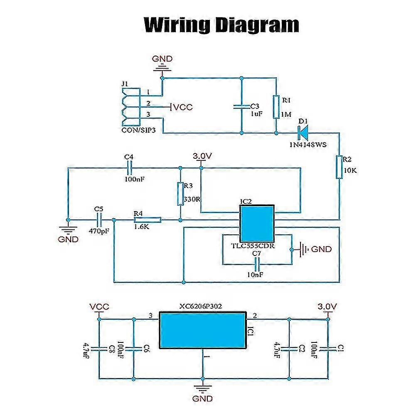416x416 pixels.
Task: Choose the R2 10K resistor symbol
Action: pyautogui.click(x=340, y=167)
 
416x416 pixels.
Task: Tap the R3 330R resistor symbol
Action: pyautogui.click(x=180, y=194)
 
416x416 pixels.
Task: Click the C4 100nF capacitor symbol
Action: pyautogui.click(x=128, y=168)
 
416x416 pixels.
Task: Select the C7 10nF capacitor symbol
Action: pyautogui.click(x=257, y=263)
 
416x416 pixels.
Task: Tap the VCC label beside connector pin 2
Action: pyautogui.click(x=183, y=107)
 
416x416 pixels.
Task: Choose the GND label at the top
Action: pyautogui.click(x=162, y=59)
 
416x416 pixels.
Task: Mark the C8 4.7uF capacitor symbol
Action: pyautogui.click(x=99, y=348)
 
